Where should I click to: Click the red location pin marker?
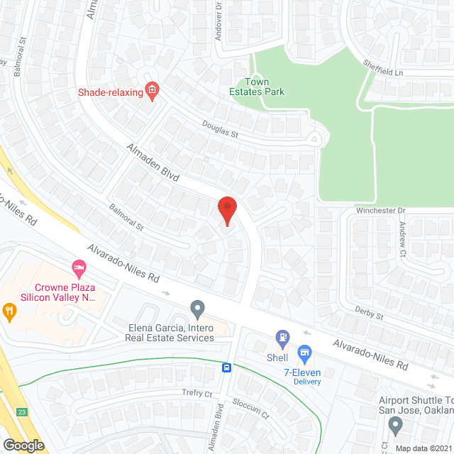coord(226,211)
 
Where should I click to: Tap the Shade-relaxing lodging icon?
coord(151,89)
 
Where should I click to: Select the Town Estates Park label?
coord(257,87)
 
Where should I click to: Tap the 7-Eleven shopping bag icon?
coord(305,352)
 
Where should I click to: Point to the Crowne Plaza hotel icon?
coord(79,268)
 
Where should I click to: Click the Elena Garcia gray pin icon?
coord(197,309)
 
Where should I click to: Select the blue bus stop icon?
coord(226,367)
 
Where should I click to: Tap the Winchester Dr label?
coord(380,211)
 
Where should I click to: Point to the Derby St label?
coord(370,313)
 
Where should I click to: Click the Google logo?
coord(23,445)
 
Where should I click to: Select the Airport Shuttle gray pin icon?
coord(395,425)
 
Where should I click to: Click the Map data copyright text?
coord(423,448)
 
